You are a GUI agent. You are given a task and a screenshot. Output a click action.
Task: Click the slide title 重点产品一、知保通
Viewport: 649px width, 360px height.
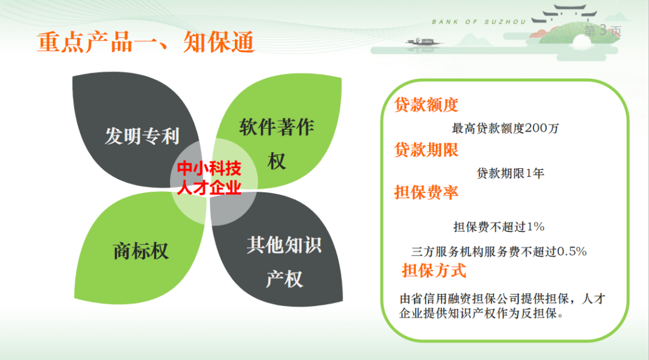tap(145, 42)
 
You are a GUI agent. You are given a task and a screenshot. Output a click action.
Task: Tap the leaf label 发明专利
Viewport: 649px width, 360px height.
tap(142, 136)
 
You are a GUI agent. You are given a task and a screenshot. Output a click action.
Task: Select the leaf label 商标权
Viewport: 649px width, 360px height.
tap(141, 251)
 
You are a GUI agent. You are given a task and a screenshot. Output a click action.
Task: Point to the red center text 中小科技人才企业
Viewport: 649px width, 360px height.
tap(210, 178)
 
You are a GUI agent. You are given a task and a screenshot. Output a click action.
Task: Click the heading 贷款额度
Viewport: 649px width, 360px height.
tap(426, 105)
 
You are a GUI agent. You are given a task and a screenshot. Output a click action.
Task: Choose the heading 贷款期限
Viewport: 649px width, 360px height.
tap(426, 150)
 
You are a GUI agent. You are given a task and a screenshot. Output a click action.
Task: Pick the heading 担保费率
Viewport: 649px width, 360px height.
tap(426, 192)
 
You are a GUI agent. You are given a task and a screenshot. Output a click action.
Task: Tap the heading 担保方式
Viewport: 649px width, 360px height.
tap(434, 271)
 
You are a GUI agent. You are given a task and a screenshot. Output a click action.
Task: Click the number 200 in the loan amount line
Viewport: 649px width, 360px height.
tap(535, 128)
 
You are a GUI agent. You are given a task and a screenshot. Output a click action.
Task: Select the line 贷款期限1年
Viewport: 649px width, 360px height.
tap(510, 173)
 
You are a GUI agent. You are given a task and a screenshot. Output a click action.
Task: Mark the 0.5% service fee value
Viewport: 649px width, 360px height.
tap(571, 252)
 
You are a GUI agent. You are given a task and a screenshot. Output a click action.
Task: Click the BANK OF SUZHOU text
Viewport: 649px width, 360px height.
tap(479, 22)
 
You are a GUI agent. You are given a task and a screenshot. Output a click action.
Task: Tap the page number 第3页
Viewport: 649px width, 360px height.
tap(603, 31)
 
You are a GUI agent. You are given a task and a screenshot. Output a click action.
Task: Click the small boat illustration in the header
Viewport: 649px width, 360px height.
tap(422, 42)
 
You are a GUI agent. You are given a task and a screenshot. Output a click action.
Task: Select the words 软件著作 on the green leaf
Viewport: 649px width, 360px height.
tap(276, 127)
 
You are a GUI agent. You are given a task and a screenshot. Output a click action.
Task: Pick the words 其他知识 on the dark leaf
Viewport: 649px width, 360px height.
tap(284, 245)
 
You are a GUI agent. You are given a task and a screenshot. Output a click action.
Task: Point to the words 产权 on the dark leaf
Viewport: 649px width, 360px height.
tap(284, 279)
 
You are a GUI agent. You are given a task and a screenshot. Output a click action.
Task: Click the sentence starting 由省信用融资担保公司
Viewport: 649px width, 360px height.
tap(502, 306)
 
